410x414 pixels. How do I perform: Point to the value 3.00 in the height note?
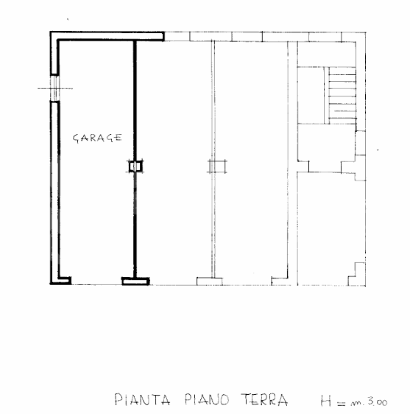pos(378,401)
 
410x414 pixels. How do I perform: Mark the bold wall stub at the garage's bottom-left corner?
pos(63,280)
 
